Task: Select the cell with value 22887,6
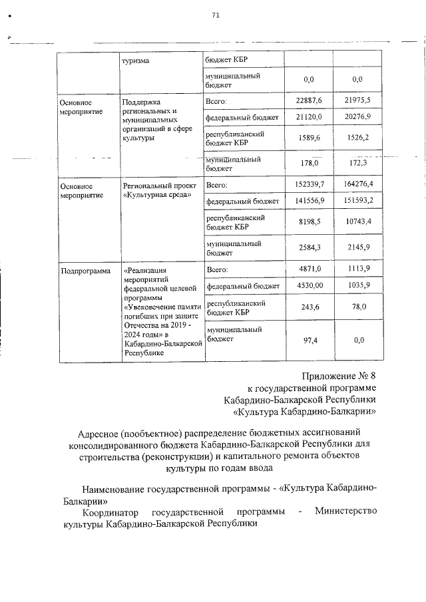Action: tap(308, 100)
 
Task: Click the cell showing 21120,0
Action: tap(308, 117)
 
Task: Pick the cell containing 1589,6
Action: tap(308, 138)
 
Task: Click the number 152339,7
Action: tap(308, 184)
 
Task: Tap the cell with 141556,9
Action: tap(308, 200)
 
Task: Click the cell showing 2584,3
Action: tap(308, 248)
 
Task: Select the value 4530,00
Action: tap(308, 285)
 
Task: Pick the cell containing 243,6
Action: tap(308, 307)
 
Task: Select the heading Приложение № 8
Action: tap(339, 376)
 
